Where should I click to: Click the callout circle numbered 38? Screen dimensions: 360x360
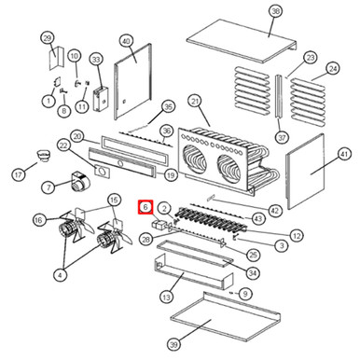tap(275, 12)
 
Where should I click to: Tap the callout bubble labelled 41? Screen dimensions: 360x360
tap(345, 154)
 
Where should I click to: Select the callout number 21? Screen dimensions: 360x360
tap(195, 102)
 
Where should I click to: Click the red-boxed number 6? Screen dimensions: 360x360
tap(145, 207)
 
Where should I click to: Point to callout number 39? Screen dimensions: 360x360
tap(173, 344)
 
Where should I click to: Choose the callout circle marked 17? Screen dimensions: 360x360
tap(19, 174)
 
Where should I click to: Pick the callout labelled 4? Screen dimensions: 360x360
tap(61, 275)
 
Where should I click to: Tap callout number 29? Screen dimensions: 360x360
tap(48, 38)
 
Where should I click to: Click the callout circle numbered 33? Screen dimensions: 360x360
tap(96, 60)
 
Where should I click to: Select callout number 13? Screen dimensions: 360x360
tap(167, 298)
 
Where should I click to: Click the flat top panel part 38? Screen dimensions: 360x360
tap(242, 40)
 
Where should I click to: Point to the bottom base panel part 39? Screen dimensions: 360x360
tap(226, 314)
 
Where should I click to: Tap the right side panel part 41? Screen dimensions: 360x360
tap(306, 172)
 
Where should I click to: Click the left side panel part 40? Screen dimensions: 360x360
tap(133, 81)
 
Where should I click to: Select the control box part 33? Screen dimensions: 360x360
tap(101, 99)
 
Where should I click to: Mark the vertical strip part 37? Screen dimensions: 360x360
tap(279, 96)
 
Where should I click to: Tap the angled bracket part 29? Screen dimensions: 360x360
tap(56, 58)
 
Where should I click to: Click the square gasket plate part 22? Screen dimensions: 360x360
tap(102, 171)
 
